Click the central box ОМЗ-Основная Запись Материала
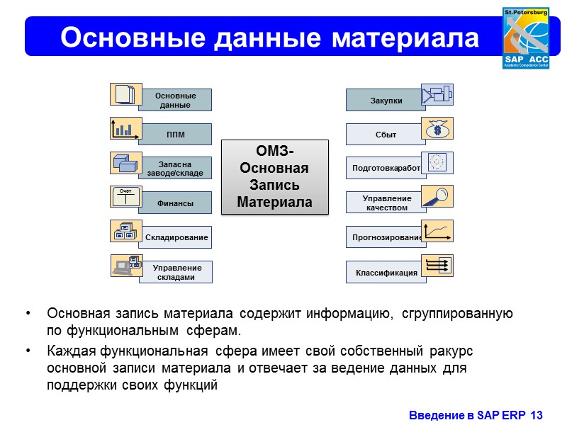275,176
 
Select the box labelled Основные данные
175,100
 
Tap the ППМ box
175,135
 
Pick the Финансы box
175,203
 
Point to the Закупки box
386,101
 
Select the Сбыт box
386,135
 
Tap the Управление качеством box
386,203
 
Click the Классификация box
386,273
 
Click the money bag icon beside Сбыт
437,128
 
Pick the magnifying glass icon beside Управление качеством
437,196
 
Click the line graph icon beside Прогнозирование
437,231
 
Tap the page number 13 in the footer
536,414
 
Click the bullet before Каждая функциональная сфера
28,351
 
